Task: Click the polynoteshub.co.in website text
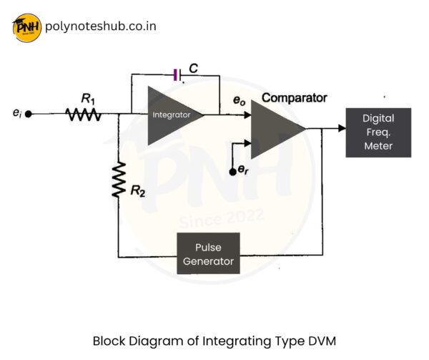(100, 27)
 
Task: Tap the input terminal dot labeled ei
(29, 114)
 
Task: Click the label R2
(139, 190)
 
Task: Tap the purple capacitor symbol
(176, 74)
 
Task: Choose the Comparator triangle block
(276, 130)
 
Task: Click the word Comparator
(294, 97)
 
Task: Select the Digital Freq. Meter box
(378, 132)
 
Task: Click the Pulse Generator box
(208, 253)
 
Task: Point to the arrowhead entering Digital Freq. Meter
(341, 130)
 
